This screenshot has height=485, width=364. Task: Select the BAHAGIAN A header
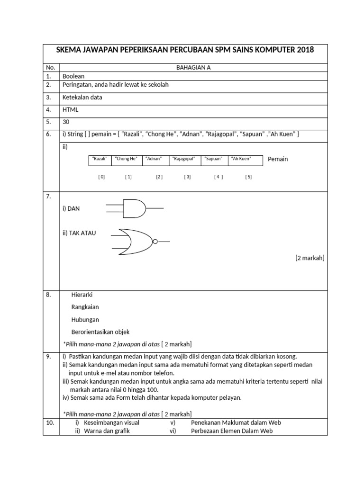click(193, 67)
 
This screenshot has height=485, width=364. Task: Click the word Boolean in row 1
click(73, 76)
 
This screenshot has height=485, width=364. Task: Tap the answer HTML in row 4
click(71, 109)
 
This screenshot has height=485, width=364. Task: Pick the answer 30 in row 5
click(66, 122)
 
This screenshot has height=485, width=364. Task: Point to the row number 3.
click(48, 97)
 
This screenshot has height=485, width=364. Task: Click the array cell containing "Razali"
click(100, 159)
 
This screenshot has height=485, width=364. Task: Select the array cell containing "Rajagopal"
click(184, 159)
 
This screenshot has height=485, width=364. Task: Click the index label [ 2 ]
click(159, 177)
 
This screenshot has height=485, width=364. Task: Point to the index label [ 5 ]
click(248, 177)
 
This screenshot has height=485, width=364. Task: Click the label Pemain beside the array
click(278, 159)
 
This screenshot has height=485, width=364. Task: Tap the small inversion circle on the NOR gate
click(155, 242)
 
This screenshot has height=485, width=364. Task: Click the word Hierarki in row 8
click(82, 295)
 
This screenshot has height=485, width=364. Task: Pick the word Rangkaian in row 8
click(85, 307)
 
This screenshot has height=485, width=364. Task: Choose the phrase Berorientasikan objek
click(100, 332)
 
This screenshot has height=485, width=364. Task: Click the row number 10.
click(50, 422)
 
